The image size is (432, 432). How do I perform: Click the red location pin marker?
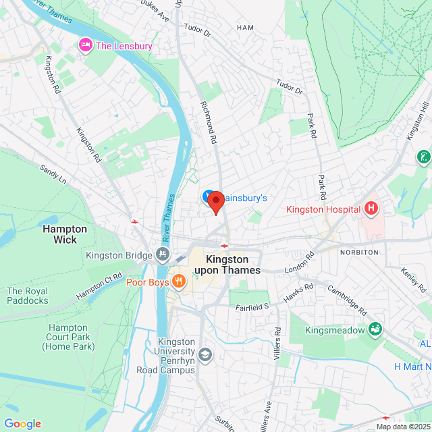[215, 202]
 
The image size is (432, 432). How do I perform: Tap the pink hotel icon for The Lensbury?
[86, 45]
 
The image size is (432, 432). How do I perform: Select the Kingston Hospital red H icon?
[371, 209]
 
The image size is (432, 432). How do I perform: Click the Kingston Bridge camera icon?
[162, 255]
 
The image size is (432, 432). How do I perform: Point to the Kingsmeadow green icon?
[375, 330]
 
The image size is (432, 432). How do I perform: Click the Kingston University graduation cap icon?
[205, 354]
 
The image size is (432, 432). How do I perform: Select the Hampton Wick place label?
[65, 234]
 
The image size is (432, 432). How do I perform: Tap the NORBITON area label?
[360, 252]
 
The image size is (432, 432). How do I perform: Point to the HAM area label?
[245, 27]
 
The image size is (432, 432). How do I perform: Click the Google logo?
[22, 424]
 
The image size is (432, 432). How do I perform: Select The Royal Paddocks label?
[28, 296]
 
